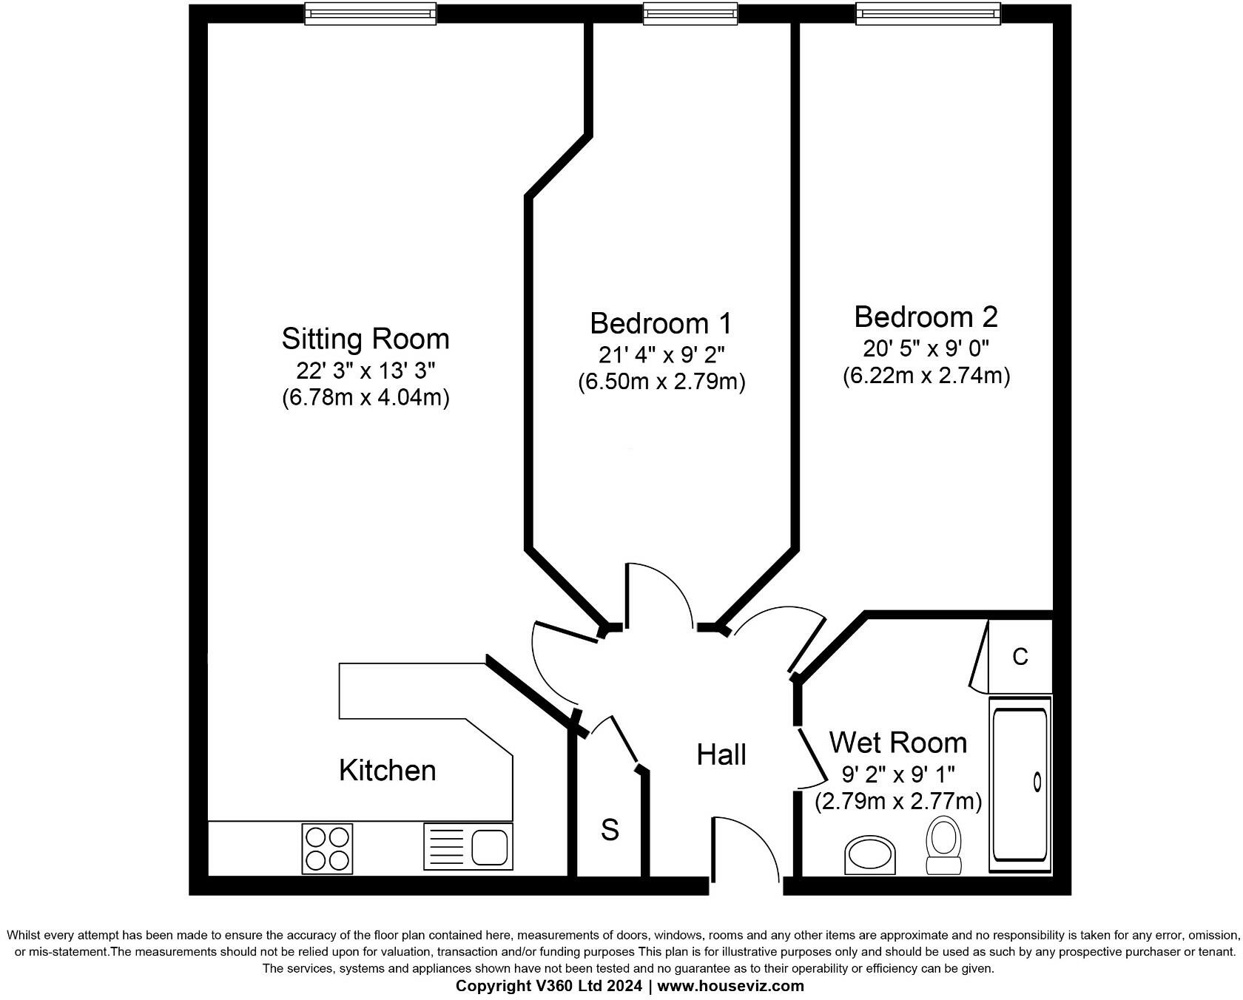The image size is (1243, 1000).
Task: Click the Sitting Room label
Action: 366,339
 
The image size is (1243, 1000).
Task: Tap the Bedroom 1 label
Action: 661,323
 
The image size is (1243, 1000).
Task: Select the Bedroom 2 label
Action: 926,317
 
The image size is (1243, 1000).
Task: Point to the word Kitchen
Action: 387,771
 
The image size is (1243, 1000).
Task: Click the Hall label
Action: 721,754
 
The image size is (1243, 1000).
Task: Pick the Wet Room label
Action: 897,742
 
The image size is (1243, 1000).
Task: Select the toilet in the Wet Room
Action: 944,845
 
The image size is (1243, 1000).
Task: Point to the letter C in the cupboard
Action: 1020,656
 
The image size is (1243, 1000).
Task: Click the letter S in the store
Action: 610,830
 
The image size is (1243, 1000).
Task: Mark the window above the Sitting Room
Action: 370,13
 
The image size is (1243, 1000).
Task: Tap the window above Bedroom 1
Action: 690,13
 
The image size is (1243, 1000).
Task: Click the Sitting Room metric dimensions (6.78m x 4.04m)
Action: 366,398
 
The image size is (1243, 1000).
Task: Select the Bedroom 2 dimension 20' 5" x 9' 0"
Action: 926,347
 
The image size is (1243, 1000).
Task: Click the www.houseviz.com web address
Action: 730,986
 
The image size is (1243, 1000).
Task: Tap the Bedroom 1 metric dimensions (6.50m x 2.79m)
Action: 661,382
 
